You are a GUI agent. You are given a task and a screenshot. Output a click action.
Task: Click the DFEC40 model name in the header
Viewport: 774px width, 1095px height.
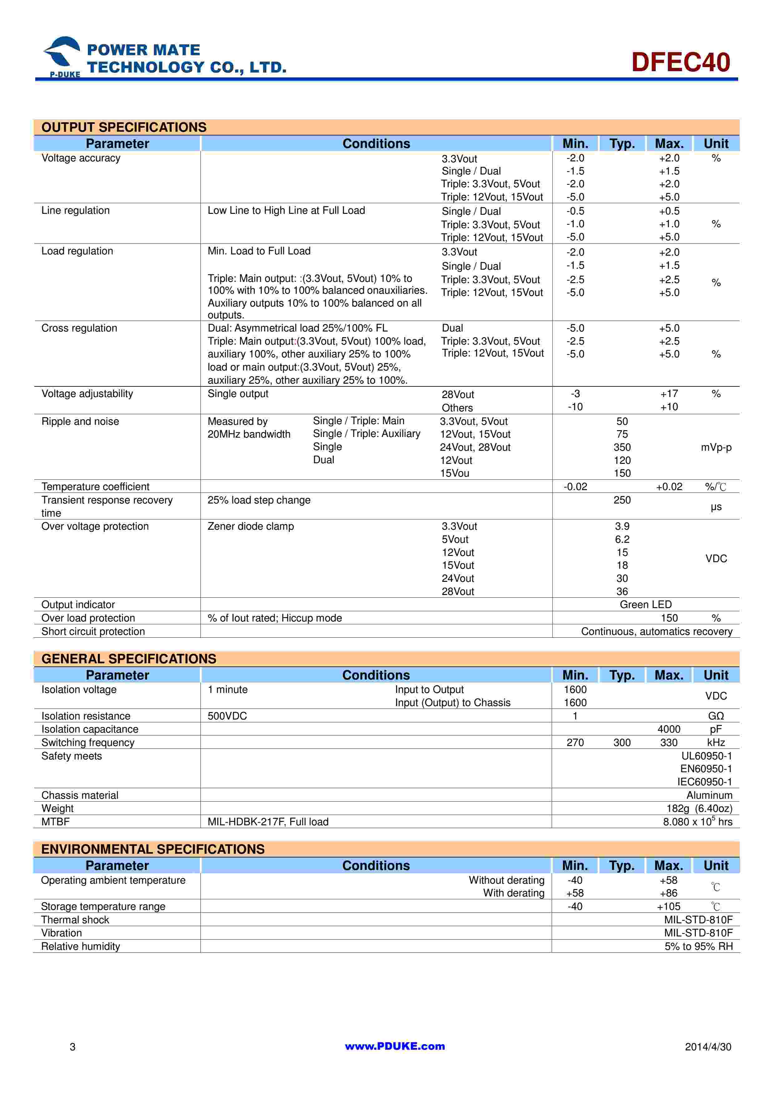coord(681,62)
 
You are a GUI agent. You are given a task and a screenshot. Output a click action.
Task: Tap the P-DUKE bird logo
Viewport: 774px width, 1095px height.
coord(62,55)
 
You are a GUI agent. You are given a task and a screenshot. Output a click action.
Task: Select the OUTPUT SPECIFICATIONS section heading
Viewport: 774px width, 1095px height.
coord(124,127)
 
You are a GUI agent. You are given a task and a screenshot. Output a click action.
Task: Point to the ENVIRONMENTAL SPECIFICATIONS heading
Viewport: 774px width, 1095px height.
coord(153,849)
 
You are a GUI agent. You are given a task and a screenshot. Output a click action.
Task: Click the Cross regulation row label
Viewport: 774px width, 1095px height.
coord(79,328)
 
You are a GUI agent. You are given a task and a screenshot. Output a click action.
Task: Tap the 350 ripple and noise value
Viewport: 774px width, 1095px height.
coord(622,447)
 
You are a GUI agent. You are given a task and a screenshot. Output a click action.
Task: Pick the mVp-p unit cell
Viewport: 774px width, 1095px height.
coord(716,447)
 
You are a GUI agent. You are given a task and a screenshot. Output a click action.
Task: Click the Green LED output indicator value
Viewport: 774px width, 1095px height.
coord(645,604)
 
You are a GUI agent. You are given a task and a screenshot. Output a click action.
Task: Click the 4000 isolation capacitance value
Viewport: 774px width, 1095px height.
coord(668,729)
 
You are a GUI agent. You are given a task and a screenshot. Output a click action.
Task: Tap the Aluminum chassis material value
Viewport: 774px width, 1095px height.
coord(709,795)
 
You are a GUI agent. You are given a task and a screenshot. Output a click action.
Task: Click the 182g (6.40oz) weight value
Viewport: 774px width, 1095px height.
coord(699,808)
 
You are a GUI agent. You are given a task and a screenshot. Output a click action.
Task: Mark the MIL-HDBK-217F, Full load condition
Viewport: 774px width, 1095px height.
coord(268,822)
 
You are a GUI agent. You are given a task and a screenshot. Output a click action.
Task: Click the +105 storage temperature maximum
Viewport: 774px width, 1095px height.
coord(668,906)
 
